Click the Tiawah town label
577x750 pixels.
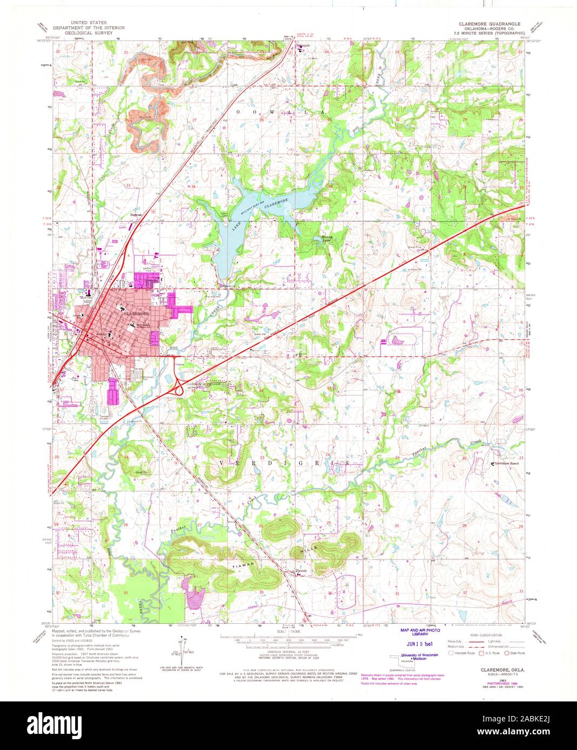(x=301, y=571)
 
